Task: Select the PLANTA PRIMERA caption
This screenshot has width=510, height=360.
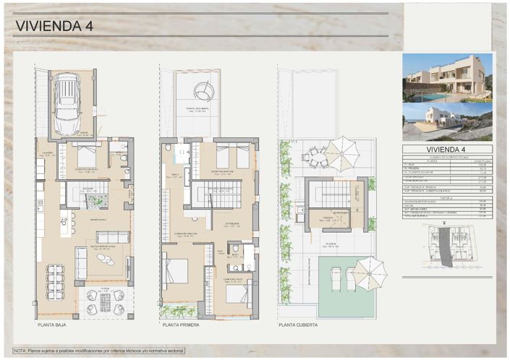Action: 181,326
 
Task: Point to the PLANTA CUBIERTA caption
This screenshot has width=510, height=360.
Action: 299,326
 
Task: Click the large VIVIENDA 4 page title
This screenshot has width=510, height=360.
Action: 54,27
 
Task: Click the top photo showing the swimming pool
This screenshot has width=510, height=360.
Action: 446,78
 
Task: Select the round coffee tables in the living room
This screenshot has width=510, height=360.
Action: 106,259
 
